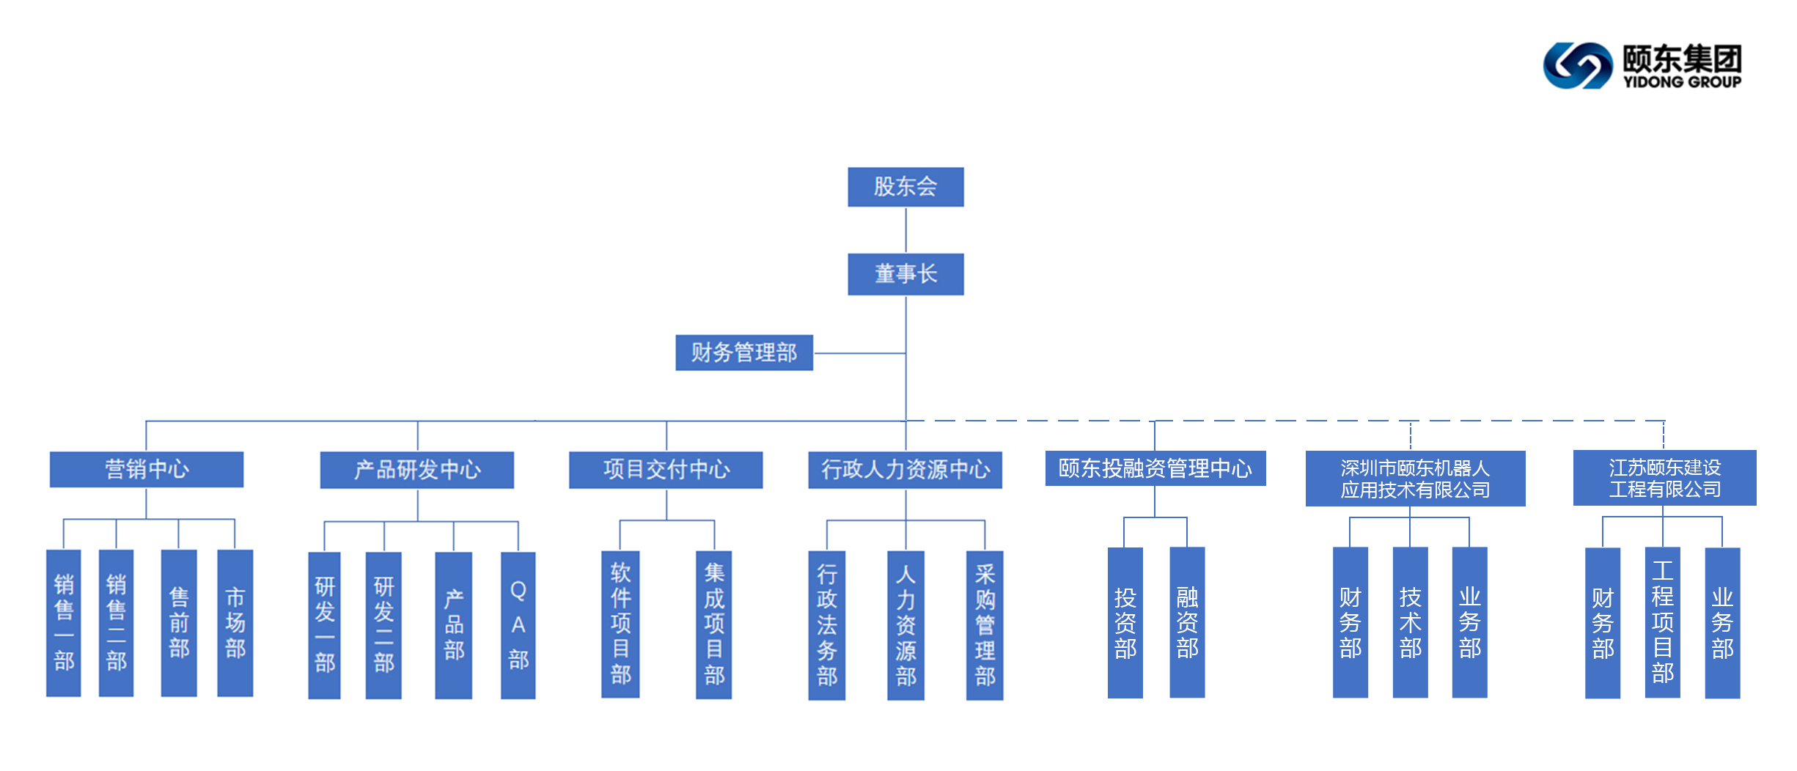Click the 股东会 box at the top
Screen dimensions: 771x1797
pyautogui.click(x=905, y=187)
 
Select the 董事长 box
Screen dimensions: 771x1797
pyautogui.click(x=905, y=274)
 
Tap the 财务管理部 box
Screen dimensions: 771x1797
pyautogui.click(x=743, y=353)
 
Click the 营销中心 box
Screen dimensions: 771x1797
pyautogui.click(x=146, y=469)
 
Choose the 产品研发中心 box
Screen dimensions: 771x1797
pyautogui.click(x=416, y=470)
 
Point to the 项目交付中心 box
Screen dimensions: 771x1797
pyautogui.click(x=665, y=470)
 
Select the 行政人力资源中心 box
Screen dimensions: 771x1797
pyautogui.click(x=905, y=470)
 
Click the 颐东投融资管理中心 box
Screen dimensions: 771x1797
pyautogui.click(x=1155, y=468)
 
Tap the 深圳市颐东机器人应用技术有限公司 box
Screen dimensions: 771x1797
pyautogui.click(x=1414, y=479)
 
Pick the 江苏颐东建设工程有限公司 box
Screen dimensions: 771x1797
pyautogui.click(x=1664, y=478)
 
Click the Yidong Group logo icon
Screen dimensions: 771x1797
pyautogui.click(x=1577, y=66)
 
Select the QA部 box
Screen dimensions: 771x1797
pyautogui.click(x=518, y=625)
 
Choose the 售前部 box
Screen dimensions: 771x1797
pyautogui.click(x=179, y=623)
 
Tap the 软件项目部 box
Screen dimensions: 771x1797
pyautogui.click(x=620, y=624)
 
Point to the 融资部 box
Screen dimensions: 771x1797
pyautogui.click(x=1186, y=622)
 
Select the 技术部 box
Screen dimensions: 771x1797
pyautogui.click(x=1409, y=622)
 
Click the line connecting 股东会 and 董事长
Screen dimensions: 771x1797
pyautogui.click(x=905, y=230)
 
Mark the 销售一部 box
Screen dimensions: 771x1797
pyautogui.click(x=64, y=623)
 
